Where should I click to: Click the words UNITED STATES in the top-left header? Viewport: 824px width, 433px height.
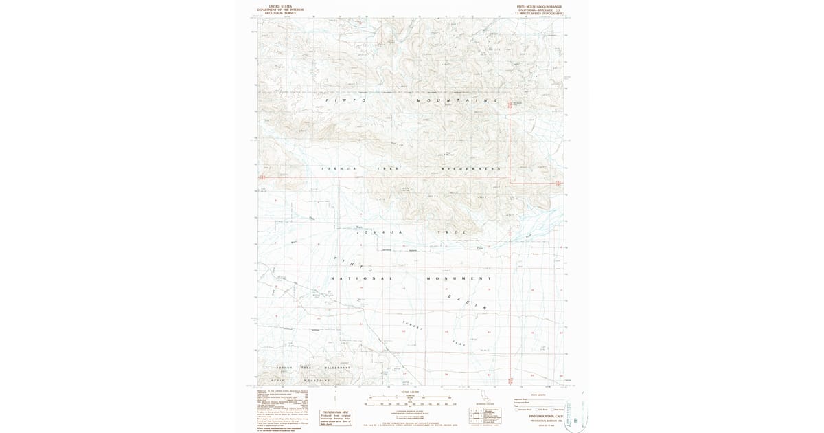click(280, 6)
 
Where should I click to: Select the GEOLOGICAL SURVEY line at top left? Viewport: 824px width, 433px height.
click(280, 13)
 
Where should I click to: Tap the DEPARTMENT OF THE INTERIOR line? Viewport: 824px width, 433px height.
click(280, 10)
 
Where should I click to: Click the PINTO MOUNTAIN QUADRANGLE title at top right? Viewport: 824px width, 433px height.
click(539, 6)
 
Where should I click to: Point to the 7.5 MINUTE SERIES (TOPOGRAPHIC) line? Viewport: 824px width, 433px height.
click(539, 13)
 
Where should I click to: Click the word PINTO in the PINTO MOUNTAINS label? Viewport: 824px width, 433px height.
click(345, 100)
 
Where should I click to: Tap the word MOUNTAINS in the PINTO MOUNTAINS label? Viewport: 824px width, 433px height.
click(456, 100)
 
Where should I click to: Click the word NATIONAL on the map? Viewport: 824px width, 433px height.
click(361, 278)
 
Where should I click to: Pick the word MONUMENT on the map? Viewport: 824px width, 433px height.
click(459, 278)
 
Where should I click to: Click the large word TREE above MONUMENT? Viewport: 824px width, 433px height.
click(452, 232)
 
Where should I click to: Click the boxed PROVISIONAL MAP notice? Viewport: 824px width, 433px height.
click(336, 417)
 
